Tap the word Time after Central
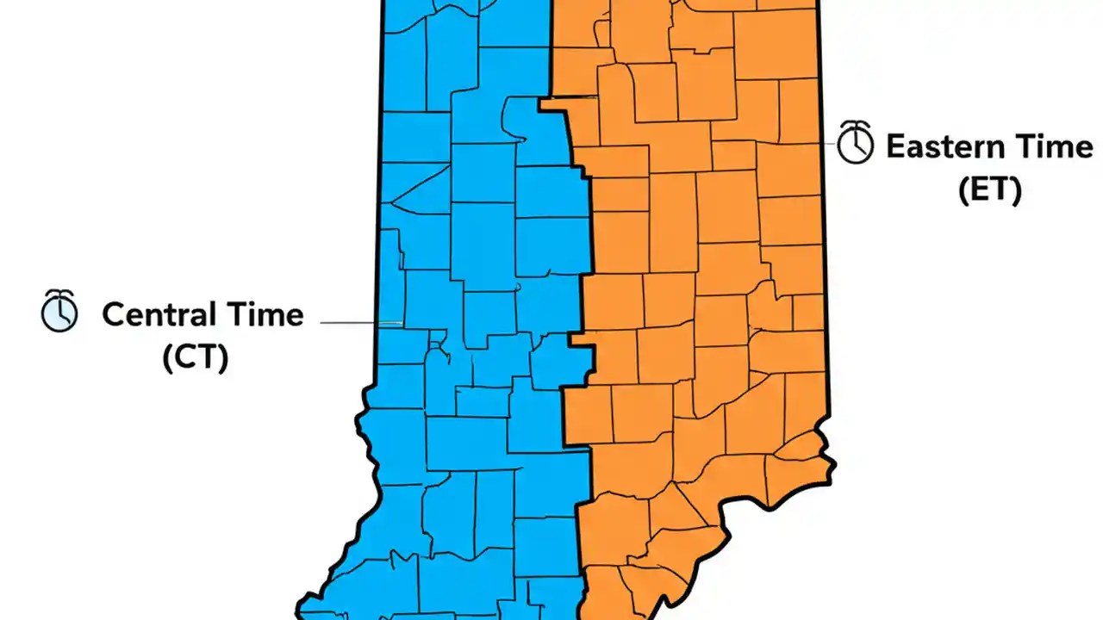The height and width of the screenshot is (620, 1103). tap(264, 314)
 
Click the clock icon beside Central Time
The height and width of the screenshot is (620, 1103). tap(59, 311)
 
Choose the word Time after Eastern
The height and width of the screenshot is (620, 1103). tap(1053, 146)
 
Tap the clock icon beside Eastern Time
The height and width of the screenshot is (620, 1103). tap(856, 142)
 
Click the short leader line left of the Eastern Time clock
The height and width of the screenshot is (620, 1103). tap(832, 143)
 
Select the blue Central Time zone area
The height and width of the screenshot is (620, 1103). tap(465, 258)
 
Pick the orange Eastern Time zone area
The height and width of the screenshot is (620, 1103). tap(707, 258)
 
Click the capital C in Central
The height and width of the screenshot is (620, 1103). tap(113, 314)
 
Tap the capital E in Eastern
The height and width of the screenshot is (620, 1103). tap(895, 146)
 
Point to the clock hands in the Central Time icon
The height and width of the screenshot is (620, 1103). tap(58, 314)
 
